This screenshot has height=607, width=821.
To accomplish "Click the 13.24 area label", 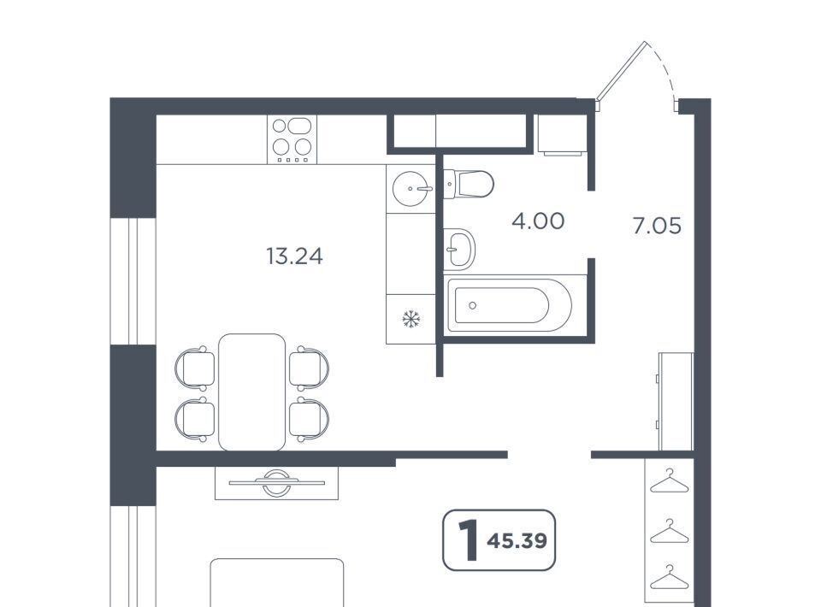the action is coord(294,256).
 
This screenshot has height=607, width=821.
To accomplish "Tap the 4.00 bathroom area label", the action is coord(538,221).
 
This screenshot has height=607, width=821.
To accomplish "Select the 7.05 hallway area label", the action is coord(657,226).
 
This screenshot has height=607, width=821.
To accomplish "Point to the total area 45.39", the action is coord(517,540).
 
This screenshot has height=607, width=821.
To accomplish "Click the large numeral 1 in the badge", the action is coord(468,540).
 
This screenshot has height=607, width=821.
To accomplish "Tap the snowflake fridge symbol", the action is coord(411,319).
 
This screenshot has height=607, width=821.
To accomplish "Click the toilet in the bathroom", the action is coord(469,184).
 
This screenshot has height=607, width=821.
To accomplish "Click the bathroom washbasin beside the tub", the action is coord(458,249).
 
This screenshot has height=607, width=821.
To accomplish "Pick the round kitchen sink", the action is coord(412,188).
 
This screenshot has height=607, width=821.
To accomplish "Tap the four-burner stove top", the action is coord(292,139).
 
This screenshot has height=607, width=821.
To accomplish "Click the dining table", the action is coord(251,392).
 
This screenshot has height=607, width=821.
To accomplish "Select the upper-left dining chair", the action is coord(195,368).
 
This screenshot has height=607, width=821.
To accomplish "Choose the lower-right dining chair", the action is coord(309,420).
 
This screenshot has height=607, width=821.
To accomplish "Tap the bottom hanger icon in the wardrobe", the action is coord(669,577).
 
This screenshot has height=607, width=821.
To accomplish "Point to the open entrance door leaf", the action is coord(621,71).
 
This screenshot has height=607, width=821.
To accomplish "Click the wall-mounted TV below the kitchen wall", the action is coord(276,482).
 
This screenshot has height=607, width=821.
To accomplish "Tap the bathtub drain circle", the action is coord(473,305).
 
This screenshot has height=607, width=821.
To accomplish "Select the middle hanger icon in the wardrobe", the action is coord(669,532).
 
